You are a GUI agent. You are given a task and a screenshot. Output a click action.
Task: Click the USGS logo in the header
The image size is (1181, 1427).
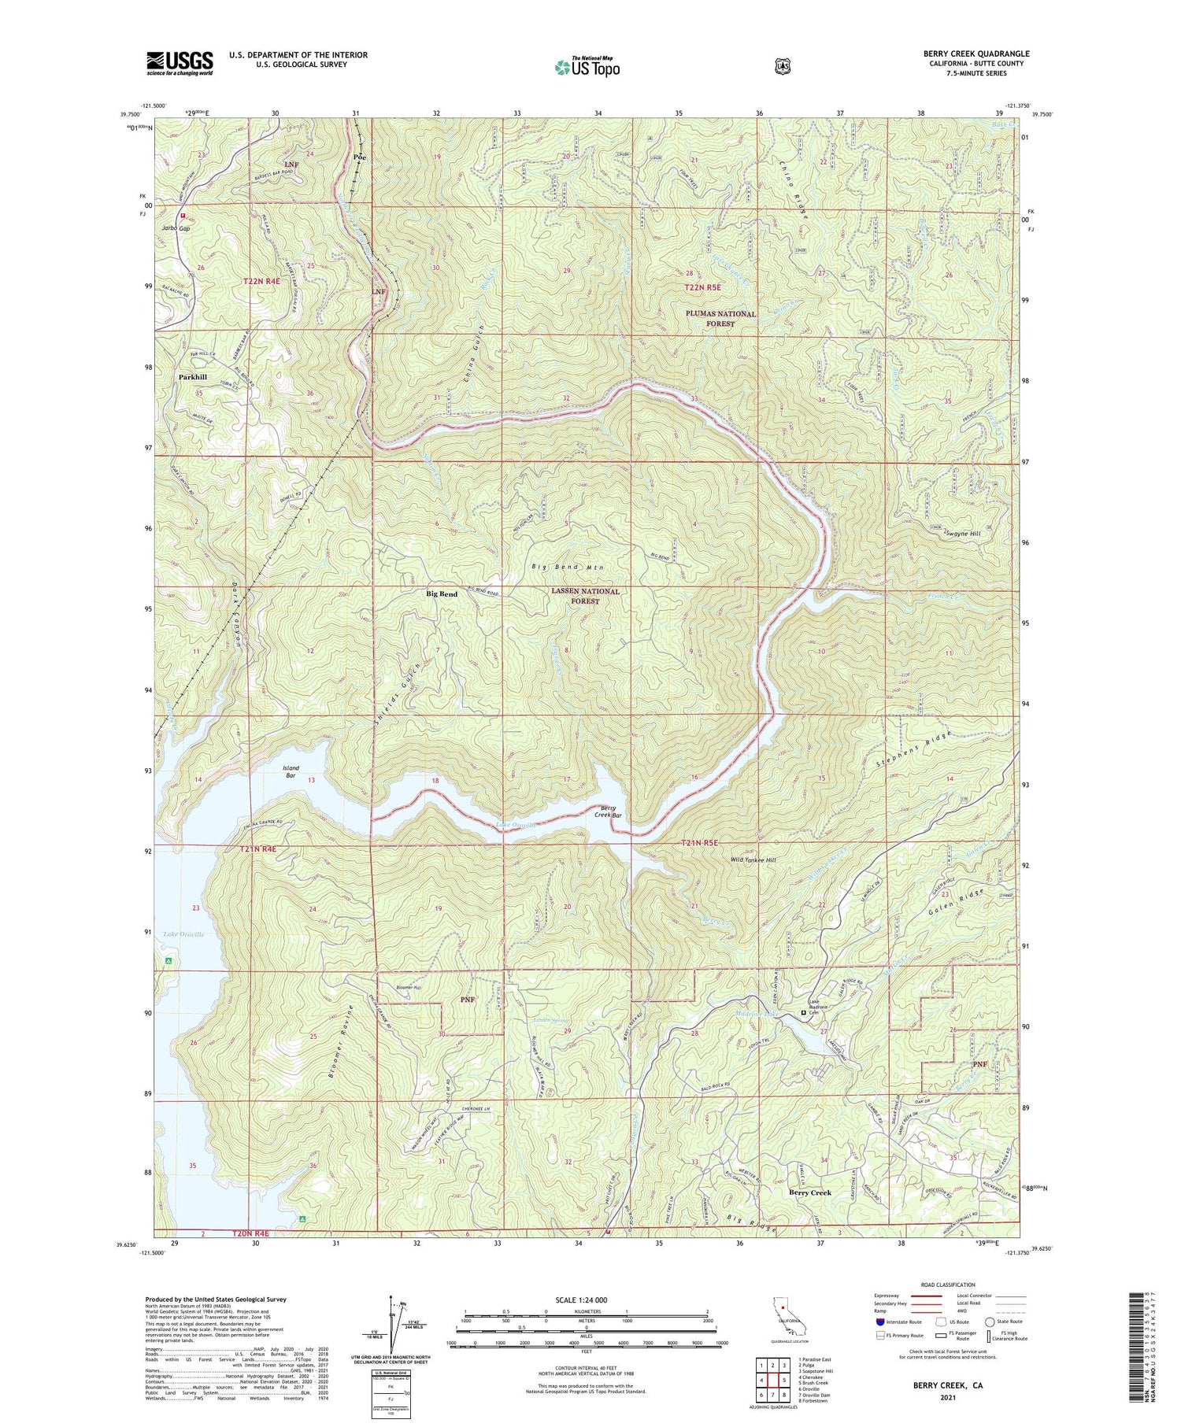pyautogui.click(x=180, y=63)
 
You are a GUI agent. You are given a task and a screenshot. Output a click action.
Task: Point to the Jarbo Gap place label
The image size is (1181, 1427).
pyautogui.click(x=176, y=228)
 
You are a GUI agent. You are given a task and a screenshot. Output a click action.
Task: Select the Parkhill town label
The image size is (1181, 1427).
pyautogui.click(x=192, y=377)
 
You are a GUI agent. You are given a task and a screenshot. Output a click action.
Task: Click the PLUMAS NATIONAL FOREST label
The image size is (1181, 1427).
pyautogui.click(x=720, y=319)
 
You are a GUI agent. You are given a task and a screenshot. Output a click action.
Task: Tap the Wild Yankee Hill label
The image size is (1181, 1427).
pyautogui.click(x=753, y=860)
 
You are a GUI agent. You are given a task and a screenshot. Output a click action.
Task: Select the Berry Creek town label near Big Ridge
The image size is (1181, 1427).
pyautogui.click(x=810, y=1192)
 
